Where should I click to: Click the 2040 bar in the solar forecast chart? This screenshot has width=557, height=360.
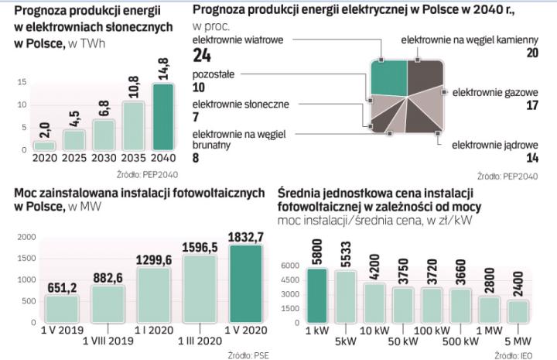coord(163,117)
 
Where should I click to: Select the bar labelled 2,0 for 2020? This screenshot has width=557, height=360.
coord(44,145)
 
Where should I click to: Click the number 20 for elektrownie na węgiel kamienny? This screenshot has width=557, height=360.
coord(531,53)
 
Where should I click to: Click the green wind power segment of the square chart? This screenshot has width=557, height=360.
coord(388,75)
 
